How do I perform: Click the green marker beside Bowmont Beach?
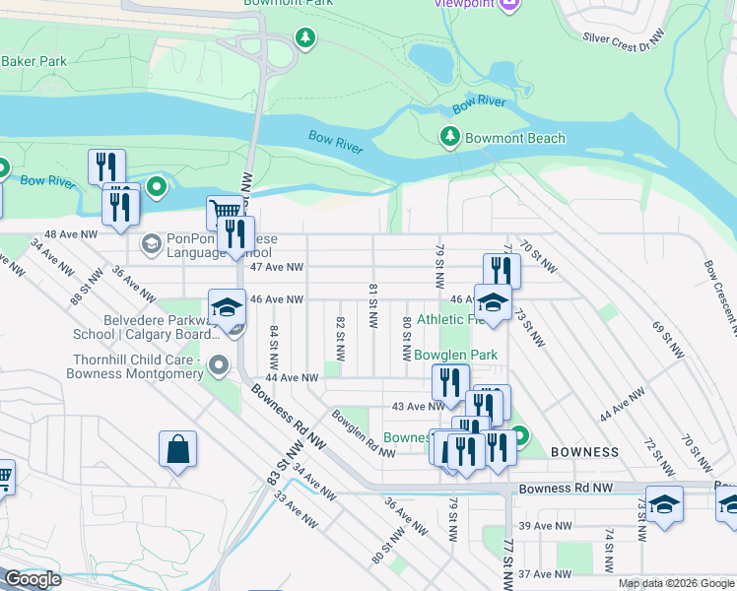point(451,137)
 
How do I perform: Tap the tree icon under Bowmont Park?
point(306,38)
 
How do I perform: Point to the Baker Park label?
point(33,61)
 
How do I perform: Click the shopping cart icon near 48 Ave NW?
point(224,212)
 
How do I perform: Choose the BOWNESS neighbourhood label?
point(585,452)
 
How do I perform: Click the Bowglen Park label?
point(455,355)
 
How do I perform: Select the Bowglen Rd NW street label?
point(364,433)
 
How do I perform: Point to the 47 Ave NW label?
point(277,267)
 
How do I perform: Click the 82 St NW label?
point(340,336)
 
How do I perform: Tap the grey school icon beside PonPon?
point(151,243)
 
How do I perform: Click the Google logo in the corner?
point(33,579)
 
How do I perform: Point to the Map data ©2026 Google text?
point(676,583)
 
